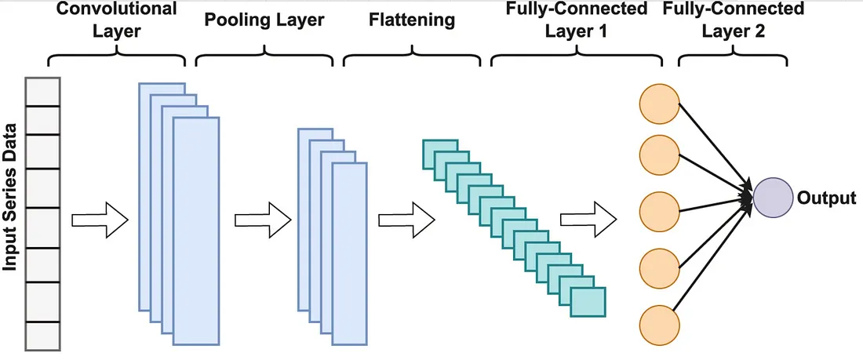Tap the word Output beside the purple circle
pyautogui.click(x=826, y=198)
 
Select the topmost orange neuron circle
pyautogui.click(x=658, y=104)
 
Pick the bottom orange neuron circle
pyautogui.click(x=658, y=323)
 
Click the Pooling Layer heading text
pyautogui.click(x=266, y=18)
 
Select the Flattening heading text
pyautogui.click(x=412, y=18)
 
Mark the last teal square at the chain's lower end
pyautogui.click(x=588, y=301)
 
